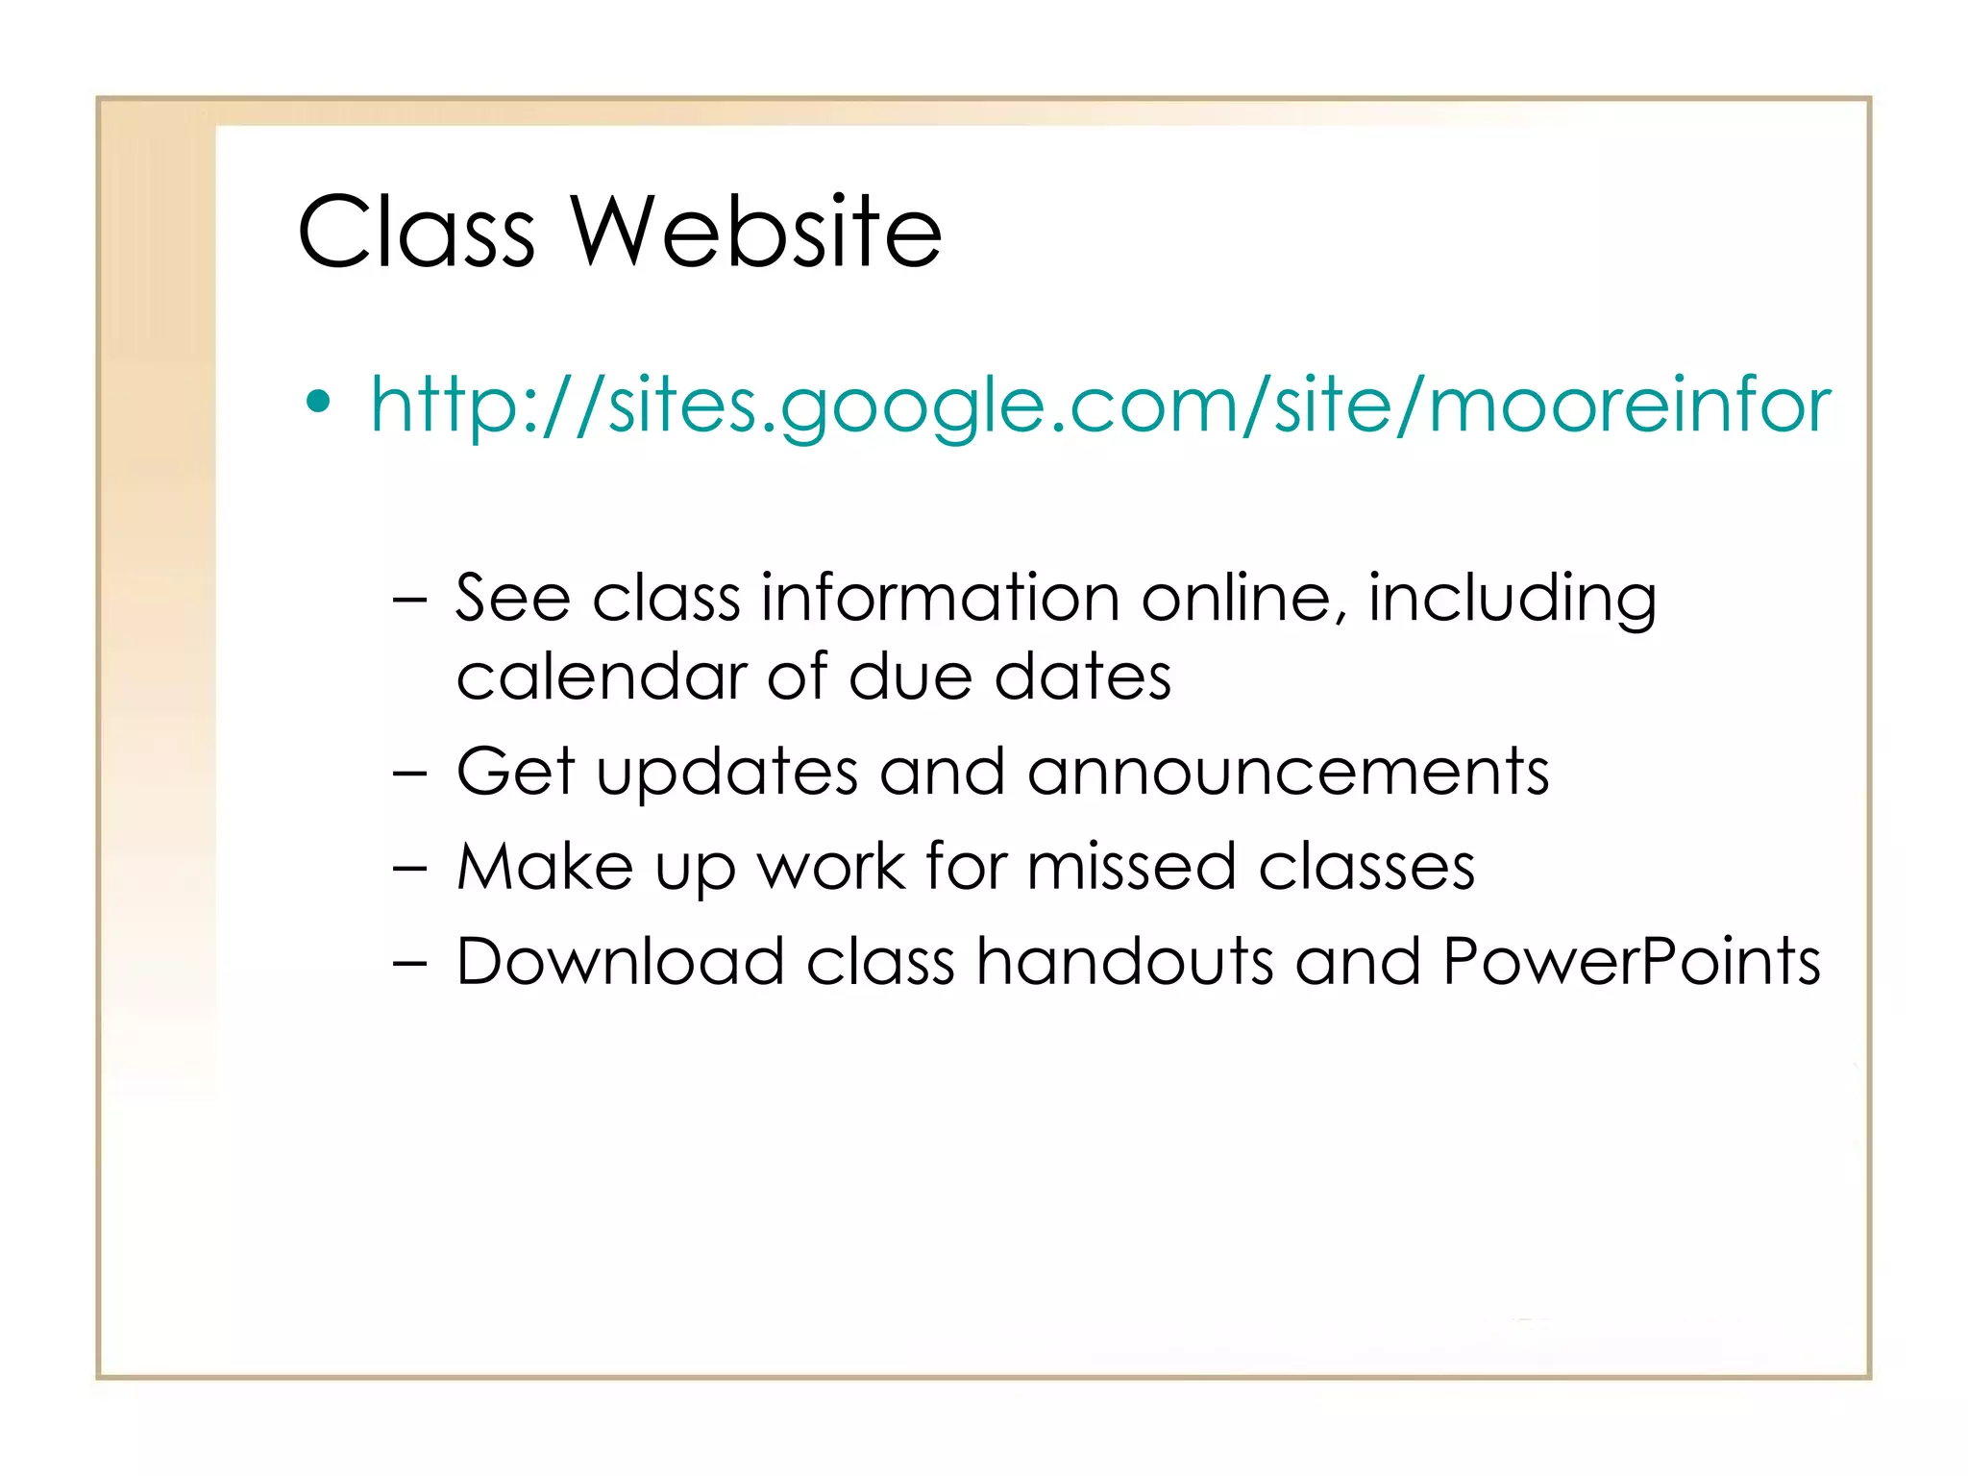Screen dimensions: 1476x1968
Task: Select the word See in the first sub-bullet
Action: [x=512, y=598]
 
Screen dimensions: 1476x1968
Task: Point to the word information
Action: [x=940, y=598]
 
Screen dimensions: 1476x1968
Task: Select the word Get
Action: [x=515, y=771]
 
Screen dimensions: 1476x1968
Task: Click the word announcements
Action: [x=1288, y=772]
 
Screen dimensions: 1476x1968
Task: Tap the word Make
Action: [x=544, y=867]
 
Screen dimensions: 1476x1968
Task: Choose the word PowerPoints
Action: [x=1631, y=961]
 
